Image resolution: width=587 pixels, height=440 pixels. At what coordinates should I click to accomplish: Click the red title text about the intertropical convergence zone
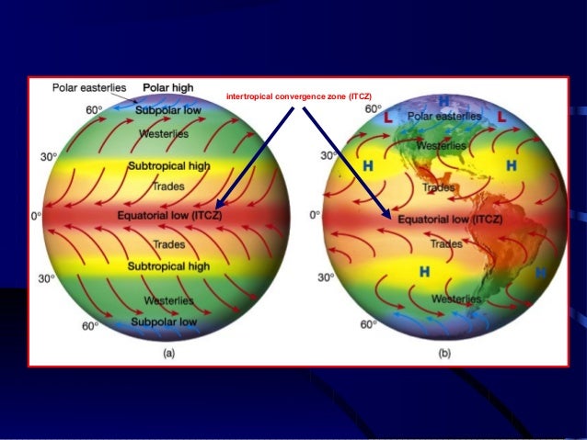[300, 96]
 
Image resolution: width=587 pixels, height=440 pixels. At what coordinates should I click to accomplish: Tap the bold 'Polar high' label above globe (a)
[167, 87]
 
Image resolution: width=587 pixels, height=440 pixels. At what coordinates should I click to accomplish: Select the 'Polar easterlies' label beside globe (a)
[89, 87]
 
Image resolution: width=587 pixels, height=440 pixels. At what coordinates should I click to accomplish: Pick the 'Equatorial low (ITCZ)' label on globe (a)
[169, 216]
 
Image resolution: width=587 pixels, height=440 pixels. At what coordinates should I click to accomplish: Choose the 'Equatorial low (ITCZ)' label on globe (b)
[450, 220]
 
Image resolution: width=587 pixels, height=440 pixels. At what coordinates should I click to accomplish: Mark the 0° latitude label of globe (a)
[36, 216]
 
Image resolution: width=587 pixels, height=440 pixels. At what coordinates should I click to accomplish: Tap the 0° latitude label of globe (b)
[315, 214]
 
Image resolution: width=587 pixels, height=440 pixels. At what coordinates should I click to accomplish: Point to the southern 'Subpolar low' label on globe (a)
[164, 322]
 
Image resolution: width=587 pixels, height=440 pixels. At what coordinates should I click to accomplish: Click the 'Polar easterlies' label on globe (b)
[445, 118]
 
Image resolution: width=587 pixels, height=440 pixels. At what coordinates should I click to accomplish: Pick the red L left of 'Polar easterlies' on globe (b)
[388, 118]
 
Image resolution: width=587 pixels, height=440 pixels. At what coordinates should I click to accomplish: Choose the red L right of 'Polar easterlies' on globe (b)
[501, 118]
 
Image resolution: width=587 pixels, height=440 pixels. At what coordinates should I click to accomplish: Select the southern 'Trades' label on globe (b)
[447, 244]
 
